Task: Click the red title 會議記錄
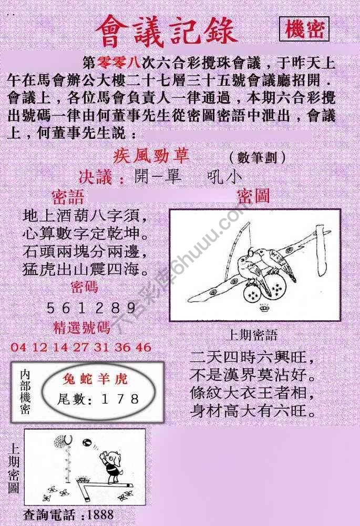167,31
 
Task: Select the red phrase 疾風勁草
151,156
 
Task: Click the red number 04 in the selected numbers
17,347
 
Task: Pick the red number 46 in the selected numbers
142,347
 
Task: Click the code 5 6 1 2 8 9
91,308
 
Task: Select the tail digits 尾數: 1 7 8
98,399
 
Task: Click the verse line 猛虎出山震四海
84,270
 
